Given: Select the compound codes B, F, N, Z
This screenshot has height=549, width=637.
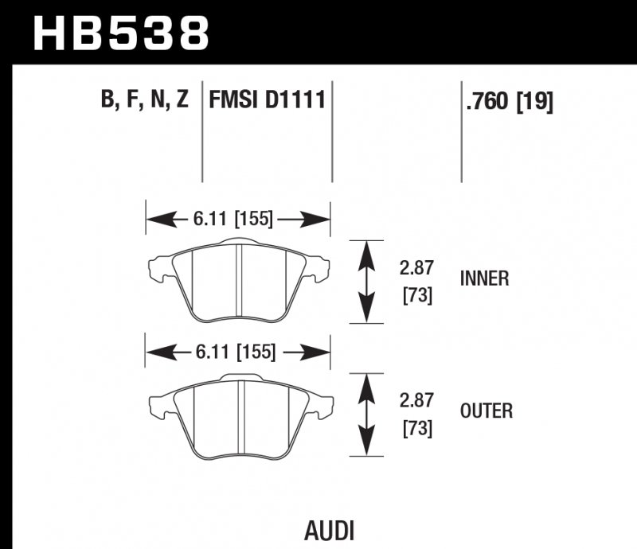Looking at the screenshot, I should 144,101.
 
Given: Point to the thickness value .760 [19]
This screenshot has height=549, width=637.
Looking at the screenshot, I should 508,102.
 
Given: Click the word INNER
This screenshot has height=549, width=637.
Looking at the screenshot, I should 484,278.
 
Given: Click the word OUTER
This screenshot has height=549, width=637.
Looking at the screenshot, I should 486,411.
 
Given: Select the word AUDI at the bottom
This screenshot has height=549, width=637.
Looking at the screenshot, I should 329,530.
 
